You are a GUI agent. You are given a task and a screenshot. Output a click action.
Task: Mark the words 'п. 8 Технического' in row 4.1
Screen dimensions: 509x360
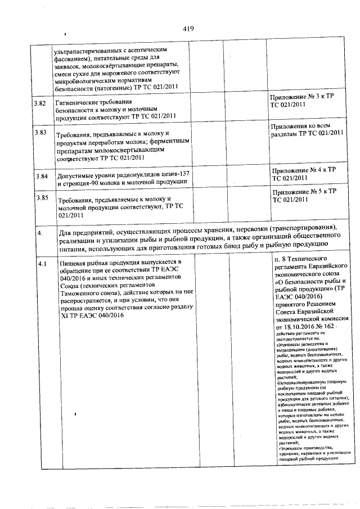304,259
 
